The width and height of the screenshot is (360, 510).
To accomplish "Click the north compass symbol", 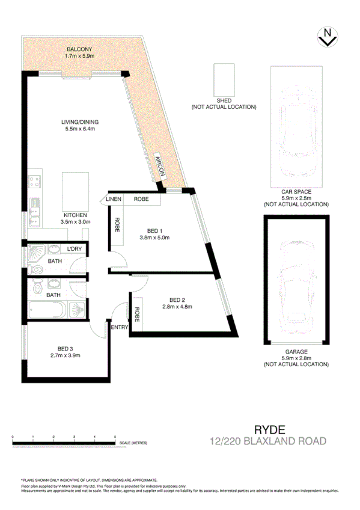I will (326, 37).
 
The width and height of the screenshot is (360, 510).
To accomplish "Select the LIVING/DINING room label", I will (79, 122).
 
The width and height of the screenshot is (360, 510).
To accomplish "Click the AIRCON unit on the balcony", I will (159, 165).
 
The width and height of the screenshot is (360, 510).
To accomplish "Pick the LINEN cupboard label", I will (114, 198).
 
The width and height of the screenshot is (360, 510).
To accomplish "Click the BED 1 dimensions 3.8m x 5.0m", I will (155, 238).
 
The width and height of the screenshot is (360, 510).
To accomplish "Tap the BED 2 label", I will (176, 300).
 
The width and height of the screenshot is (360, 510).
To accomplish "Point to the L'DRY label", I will (75, 249).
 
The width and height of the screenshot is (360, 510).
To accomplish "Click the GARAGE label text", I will (296, 351).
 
